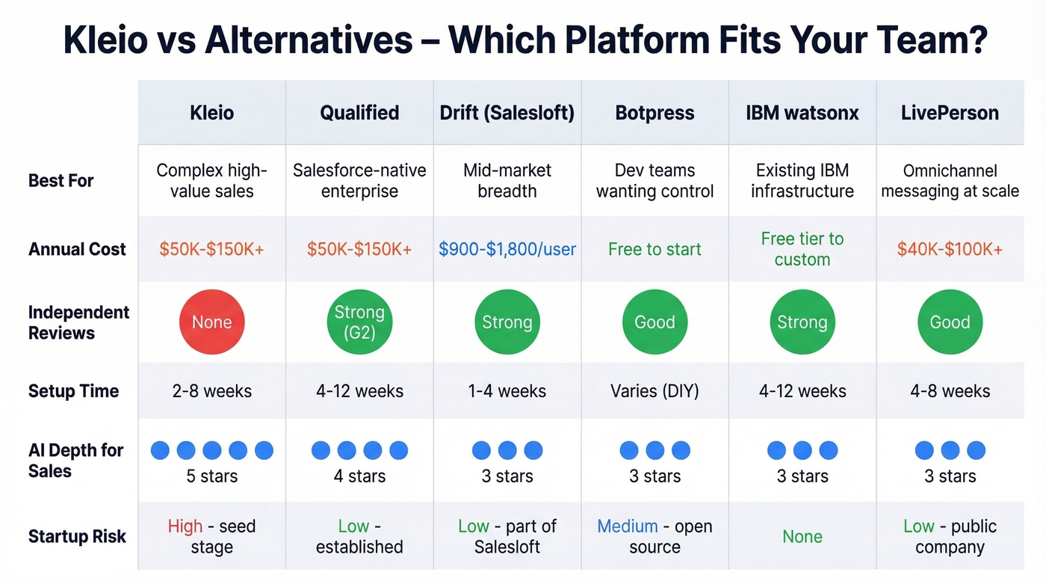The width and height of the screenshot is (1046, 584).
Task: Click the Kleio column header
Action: point(211,113)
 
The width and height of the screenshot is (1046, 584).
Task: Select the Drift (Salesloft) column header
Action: point(507,113)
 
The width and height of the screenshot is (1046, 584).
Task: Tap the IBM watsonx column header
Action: point(802,113)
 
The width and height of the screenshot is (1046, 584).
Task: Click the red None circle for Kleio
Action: point(211,322)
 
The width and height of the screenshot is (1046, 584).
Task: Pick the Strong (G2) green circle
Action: point(359,322)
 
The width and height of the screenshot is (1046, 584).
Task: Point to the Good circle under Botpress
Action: point(654,322)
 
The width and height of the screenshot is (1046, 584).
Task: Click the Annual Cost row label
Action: point(77,250)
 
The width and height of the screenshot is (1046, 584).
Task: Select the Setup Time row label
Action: point(73,391)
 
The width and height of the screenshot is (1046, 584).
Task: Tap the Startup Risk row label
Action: point(77,537)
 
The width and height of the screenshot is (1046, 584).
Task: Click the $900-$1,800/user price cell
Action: point(507,250)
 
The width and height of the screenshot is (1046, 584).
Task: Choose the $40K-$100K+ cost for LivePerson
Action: point(950,250)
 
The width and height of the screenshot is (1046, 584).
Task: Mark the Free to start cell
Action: point(654,250)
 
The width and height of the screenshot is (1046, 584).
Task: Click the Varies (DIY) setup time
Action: point(654,391)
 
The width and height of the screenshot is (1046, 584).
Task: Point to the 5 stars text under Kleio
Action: point(211,476)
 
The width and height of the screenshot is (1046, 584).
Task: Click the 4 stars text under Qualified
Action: point(359,476)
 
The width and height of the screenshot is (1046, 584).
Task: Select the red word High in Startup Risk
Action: point(185,526)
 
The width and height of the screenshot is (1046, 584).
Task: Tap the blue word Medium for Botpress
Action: point(628,526)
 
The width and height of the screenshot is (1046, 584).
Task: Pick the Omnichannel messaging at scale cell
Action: point(950,181)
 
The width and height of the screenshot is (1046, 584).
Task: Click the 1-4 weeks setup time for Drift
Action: point(507,391)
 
